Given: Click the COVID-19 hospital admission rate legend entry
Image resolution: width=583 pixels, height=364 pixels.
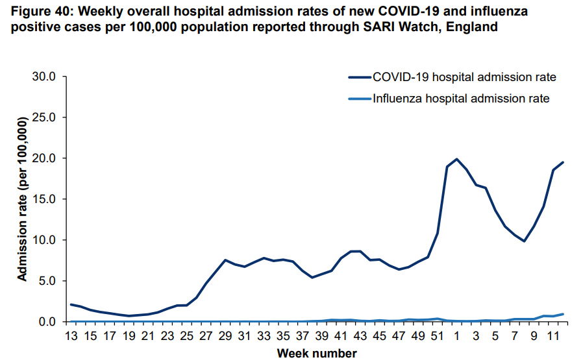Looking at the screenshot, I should point(464,77).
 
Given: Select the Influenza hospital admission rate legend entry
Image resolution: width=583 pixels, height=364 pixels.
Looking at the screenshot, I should point(461,99).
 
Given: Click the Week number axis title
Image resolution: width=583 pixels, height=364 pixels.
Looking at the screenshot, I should point(317,354).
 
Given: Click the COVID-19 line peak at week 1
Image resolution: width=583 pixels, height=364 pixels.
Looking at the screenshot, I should point(456,159).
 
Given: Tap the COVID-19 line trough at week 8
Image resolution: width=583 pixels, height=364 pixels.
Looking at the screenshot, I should point(524,241).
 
